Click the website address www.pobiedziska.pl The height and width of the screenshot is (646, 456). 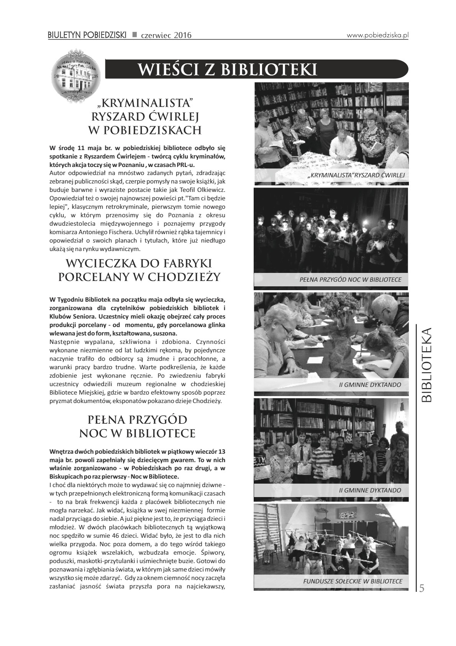pyautogui.click(x=377, y=35)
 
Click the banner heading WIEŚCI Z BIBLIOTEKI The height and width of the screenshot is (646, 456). pyautogui.click(x=228, y=69)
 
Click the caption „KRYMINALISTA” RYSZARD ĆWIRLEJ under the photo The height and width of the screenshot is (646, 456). pyautogui.click(x=356, y=175)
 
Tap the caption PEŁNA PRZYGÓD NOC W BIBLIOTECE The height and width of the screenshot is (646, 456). pyautogui.click(x=350, y=279)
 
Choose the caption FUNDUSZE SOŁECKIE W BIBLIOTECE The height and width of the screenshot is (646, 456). pyautogui.click(x=353, y=581)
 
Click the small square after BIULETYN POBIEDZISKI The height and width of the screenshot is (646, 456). pyautogui.click(x=135, y=35)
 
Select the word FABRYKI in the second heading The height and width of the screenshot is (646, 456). pyautogui.click(x=184, y=263)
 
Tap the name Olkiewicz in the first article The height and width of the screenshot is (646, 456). pyautogui.click(x=209, y=190)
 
